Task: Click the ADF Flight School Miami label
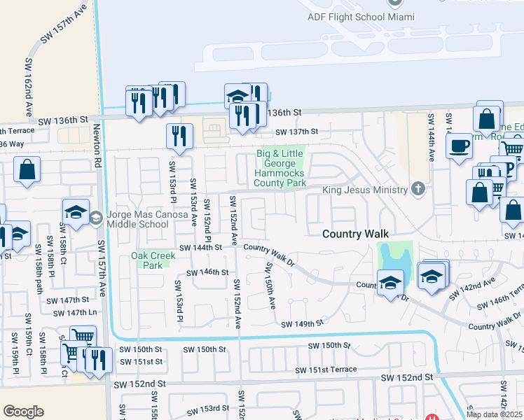pos(356,17)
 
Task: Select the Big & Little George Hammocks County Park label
pos(280,168)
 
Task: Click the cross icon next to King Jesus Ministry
pos(418,188)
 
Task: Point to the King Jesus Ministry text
pos(364,190)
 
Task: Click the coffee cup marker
pos(459,146)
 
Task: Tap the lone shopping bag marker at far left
pos(27,169)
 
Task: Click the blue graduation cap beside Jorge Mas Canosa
pos(76,212)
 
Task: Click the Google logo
pos(23,412)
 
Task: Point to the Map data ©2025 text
pos(493,414)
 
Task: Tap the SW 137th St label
pos(296,131)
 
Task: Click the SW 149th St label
pos(303,323)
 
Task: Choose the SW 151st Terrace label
pos(326,370)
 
